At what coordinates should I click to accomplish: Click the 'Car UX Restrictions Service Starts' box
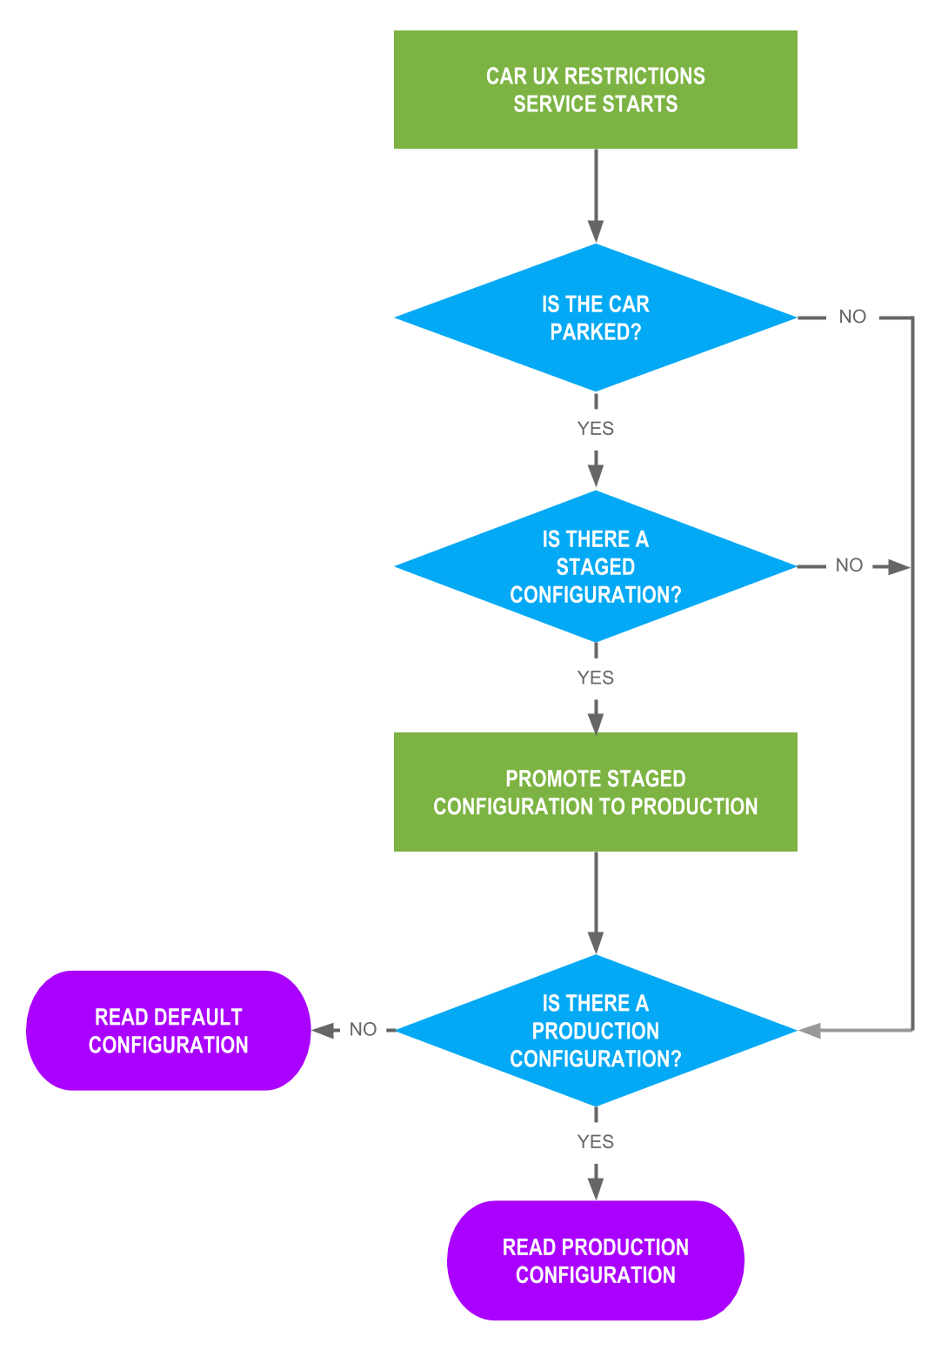[x=595, y=90]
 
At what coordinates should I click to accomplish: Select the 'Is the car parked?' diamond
[x=595, y=317]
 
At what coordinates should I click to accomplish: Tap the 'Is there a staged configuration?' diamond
[x=595, y=566]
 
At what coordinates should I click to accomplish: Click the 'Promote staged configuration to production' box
[x=595, y=792]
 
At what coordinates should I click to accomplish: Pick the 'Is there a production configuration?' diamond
[x=595, y=1031]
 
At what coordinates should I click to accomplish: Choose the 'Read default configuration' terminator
[x=168, y=1031]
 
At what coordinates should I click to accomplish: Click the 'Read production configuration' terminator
[x=595, y=1260]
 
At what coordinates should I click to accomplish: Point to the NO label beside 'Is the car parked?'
[x=852, y=317]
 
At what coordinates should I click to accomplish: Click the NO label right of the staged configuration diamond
[x=849, y=565]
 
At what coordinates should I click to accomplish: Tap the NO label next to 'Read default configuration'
[x=363, y=1030]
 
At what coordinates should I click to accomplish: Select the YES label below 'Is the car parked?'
[x=595, y=429]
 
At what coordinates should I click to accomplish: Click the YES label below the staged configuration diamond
[x=595, y=678]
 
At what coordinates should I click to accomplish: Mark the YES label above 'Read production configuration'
[x=595, y=1142]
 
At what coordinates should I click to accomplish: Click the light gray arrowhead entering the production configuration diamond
[x=810, y=1031]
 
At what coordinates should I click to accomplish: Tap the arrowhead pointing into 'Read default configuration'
[x=324, y=1031]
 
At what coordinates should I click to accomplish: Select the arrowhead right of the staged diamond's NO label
[x=898, y=567]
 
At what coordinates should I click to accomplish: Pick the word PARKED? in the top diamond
[x=595, y=332]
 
